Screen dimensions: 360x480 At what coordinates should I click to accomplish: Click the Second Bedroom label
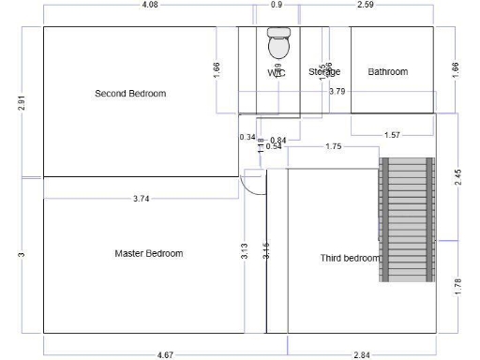130,93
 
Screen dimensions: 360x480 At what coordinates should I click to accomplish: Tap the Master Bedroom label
148,253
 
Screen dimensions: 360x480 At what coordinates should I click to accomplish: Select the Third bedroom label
350,258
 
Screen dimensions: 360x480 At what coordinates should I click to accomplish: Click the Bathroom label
387,71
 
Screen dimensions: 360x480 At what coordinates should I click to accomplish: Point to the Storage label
324,71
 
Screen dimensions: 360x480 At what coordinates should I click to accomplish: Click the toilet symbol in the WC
278,43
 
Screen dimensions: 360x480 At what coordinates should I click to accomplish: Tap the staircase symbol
407,219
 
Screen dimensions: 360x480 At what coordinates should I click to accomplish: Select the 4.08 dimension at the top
148,5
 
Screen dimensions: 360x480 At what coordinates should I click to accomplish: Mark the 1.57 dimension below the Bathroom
392,135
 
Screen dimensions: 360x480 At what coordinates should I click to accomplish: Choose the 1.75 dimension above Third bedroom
333,146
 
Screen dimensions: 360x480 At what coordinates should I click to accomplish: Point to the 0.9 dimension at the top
277,5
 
